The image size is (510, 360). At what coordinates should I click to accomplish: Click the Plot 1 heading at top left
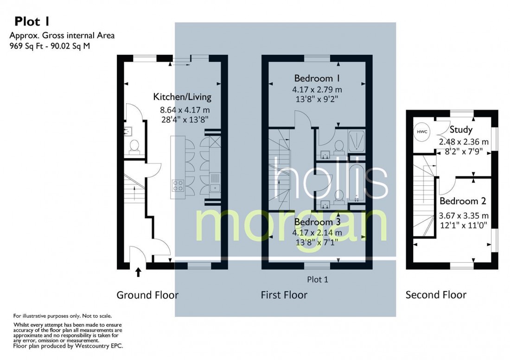pyautogui.click(x=32, y=21)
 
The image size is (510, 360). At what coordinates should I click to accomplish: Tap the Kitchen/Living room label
pyautogui.click(x=182, y=97)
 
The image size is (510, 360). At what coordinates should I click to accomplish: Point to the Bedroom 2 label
pyautogui.click(x=462, y=201)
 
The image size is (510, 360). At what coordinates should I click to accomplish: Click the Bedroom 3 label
pyautogui.click(x=317, y=223)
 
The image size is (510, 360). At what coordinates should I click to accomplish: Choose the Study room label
pyautogui.click(x=461, y=129)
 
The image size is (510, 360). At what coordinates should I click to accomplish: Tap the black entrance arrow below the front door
pyautogui.click(x=138, y=272)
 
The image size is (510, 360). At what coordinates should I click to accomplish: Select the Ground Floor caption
pyautogui.click(x=147, y=295)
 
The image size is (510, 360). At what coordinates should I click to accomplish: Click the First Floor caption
pyautogui.click(x=284, y=295)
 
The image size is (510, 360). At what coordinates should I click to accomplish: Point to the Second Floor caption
pyautogui.click(x=436, y=295)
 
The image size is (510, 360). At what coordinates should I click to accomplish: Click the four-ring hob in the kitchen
pyautogui.click(x=178, y=186)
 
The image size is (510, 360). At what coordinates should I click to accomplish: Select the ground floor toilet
pyautogui.click(x=135, y=146)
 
